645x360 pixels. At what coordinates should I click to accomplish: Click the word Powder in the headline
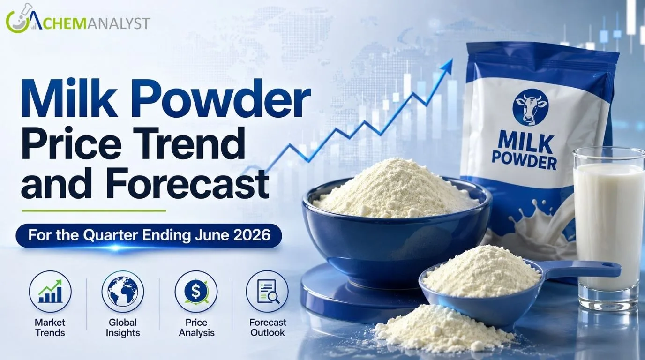pyautogui.click(x=223, y=98)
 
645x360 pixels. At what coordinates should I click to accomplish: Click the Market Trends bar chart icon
pyautogui.click(x=50, y=292)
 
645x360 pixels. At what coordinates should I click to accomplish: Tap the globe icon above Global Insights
pyautogui.click(x=123, y=292)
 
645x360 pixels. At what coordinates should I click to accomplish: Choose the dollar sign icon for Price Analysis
pyautogui.click(x=196, y=292)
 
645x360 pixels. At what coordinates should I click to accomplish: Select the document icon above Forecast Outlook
pyautogui.click(x=267, y=292)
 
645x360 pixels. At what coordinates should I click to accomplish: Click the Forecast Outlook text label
pyautogui.click(x=268, y=328)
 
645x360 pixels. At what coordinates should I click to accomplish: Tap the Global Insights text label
pyautogui.click(x=123, y=328)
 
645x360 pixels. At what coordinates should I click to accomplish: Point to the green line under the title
pyautogui.click(x=94, y=211)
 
